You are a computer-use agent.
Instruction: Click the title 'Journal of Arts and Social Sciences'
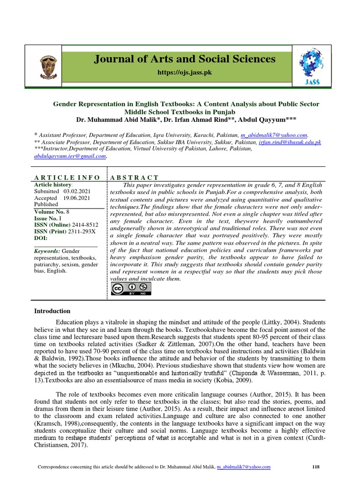pyautogui.click(x=185, y=59)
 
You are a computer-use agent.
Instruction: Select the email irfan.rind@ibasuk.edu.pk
pyautogui.click(x=290, y=142)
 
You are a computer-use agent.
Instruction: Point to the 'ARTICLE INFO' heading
pyautogui.click(x=67, y=177)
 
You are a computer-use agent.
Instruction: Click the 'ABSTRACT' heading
pyautogui.click(x=134, y=177)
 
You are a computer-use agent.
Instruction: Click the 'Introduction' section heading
pyautogui.click(x=52, y=311)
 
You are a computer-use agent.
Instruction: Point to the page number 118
pyautogui.click(x=315, y=467)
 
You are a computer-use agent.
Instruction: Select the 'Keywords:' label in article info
pyautogui.click(x=47, y=251)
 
